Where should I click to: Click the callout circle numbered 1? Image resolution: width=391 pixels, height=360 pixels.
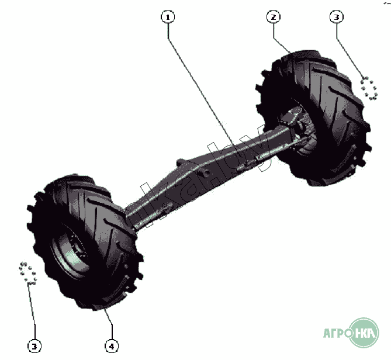pos(168,17)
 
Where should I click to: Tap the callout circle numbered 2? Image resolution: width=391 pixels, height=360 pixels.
pos(273,17)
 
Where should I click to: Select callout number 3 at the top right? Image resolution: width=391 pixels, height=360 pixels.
pos(335,17)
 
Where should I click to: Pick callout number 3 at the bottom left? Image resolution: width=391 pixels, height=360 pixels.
pos(35,346)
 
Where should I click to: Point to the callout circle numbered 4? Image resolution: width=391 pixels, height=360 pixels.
pos(112,346)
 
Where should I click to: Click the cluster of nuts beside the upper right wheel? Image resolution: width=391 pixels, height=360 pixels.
pos(369,88)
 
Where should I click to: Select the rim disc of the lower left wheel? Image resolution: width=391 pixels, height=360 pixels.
pos(70,257)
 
